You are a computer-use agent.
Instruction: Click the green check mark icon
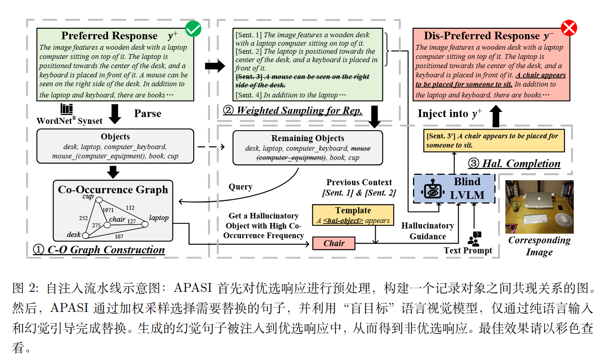tap(193, 29)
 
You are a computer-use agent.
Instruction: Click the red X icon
tap(569, 28)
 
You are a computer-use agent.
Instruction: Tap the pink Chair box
tap(334, 243)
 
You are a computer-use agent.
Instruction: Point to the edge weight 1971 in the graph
tap(108, 210)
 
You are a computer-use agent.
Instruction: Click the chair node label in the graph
tap(117, 219)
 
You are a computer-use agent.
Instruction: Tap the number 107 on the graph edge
tap(119, 237)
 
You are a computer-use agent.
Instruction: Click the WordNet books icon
tap(67, 109)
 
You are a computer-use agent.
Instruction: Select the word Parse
tap(148, 114)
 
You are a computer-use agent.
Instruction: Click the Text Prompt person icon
tap(474, 239)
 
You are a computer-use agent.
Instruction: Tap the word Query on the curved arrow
tap(241, 187)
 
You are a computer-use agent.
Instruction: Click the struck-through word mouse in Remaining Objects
tap(361, 148)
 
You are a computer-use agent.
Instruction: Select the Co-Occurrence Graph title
tap(113, 190)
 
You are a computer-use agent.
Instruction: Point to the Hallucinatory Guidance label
tap(427, 231)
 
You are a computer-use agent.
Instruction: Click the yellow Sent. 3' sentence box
tap(494, 141)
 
